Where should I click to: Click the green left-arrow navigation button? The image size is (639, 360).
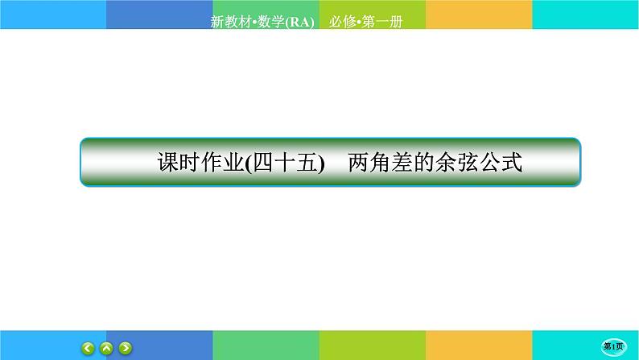(89, 348)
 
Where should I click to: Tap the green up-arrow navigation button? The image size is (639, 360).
(107, 348)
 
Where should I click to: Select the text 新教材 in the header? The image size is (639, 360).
(229, 22)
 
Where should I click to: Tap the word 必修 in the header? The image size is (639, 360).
(341, 22)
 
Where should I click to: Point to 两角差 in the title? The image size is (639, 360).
(377, 163)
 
